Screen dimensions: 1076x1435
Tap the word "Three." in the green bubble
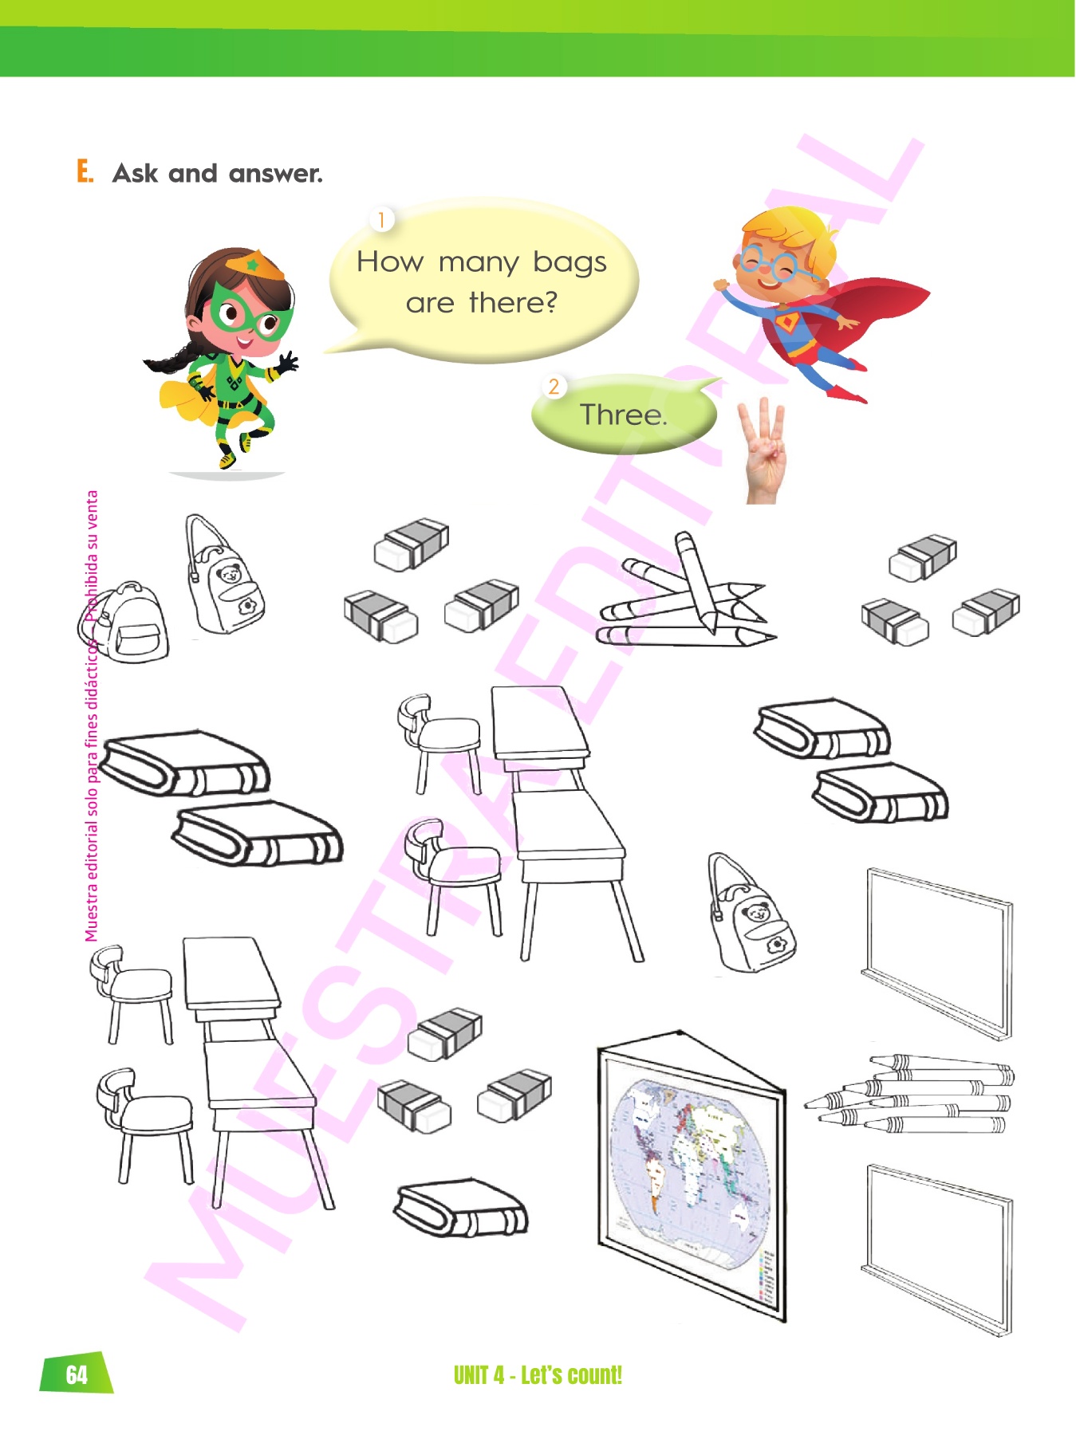623,415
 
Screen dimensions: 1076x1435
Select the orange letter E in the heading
85,171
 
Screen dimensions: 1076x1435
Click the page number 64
77,1374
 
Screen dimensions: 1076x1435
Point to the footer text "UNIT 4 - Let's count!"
538,1375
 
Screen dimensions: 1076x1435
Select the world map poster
692,1175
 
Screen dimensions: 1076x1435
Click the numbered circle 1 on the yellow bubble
381,219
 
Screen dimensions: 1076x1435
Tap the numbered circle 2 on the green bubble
554,387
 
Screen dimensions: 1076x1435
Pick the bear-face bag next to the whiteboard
750,914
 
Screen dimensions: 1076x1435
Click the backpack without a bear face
124,622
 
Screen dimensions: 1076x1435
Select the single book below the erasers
461,1209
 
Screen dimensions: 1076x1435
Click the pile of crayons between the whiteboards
909,1094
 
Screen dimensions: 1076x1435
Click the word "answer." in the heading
275,174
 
